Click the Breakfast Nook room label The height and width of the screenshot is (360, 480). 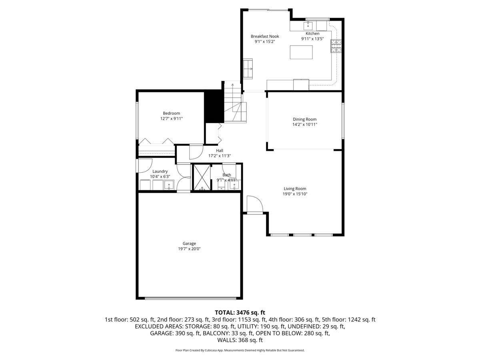click(x=265, y=36)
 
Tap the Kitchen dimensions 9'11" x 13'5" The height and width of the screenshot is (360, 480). click(x=312, y=39)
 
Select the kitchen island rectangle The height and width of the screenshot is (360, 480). click(x=301, y=52)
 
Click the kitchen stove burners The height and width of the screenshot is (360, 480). click(x=336, y=46)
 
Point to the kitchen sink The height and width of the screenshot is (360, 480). click(x=308, y=26)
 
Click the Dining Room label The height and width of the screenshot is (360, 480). click(x=305, y=119)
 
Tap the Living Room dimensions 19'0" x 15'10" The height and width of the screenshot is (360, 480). click(x=295, y=194)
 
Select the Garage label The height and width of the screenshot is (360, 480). click(x=189, y=243)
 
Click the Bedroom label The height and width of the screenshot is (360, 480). click(x=172, y=113)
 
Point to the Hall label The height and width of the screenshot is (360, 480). click(x=220, y=150)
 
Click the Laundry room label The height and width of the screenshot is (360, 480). click(x=160, y=171)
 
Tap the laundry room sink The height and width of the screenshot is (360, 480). click(x=169, y=185)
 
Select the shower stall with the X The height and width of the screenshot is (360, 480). click(x=202, y=177)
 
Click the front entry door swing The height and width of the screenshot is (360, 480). click(x=255, y=204)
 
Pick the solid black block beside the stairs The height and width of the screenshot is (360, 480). click(x=214, y=106)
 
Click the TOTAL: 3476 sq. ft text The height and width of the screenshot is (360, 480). click(x=240, y=312)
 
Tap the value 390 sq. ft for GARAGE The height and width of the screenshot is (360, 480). click(x=188, y=333)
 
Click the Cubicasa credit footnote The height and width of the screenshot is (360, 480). click(x=240, y=350)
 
